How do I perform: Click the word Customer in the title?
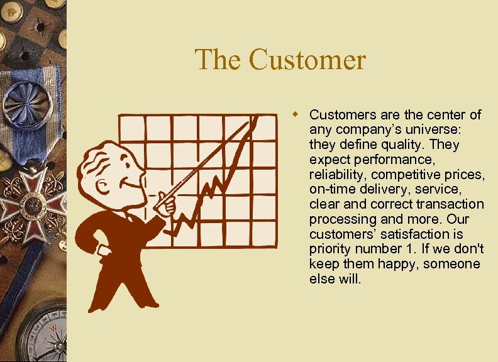pyautogui.click(x=307, y=60)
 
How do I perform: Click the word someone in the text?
pyautogui.click(x=451, y=264)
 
